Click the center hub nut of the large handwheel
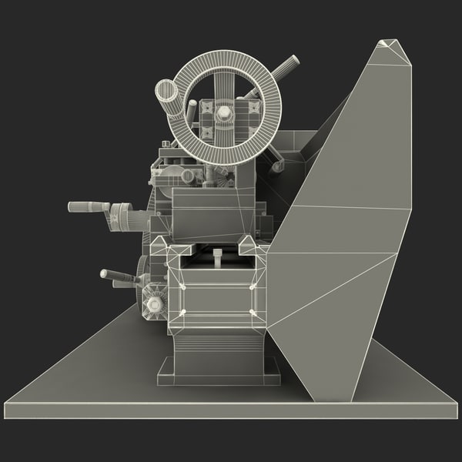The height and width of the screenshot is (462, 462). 224,113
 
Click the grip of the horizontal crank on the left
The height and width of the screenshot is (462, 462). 85,207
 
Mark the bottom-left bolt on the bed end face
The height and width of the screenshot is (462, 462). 183,313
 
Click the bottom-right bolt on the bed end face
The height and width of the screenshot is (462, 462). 252,313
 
